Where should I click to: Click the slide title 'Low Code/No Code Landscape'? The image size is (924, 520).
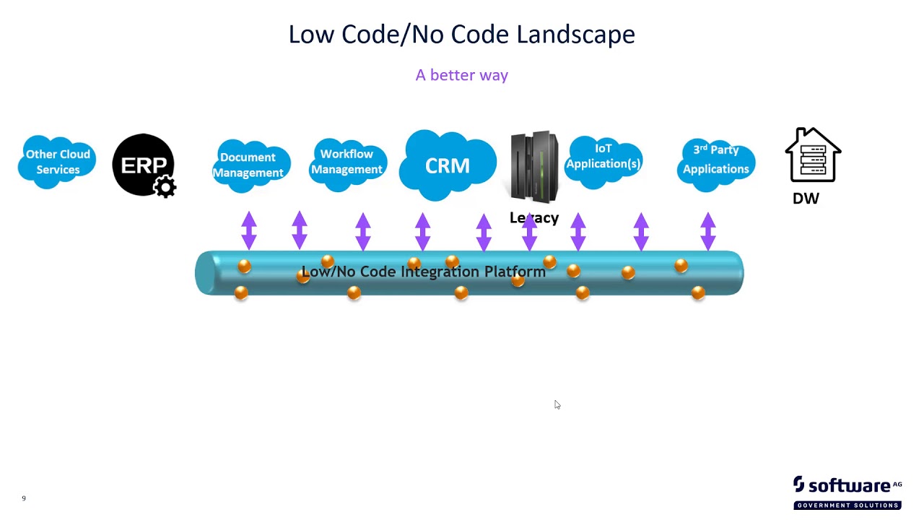click(x=461, y=35)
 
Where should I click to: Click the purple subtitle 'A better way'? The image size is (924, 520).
click(x=461, y=75)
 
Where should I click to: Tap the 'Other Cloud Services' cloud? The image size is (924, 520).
click(x=58, y=162)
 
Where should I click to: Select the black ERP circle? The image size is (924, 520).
click(x=142, y=164)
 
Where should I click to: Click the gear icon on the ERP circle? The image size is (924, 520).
click(x=165, y=187)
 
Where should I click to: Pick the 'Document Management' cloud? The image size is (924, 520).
click(x=248, y=165)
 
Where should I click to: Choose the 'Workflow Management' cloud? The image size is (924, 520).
click(x=347, y=162)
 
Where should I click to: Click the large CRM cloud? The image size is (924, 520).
click(x=448, y=166)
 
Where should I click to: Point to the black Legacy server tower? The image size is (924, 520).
click(x=534, y=166)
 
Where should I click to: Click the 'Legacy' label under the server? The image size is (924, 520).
click(x=534, y=218)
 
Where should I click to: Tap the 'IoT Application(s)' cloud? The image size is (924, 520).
click(x=603, y=157)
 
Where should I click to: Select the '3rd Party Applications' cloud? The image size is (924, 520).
click(x=716, y=160)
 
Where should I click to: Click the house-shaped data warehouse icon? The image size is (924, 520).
click(x=813, y=155)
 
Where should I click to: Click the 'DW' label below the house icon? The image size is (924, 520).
click(x=806, y=199)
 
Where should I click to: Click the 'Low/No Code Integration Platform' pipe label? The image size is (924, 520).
click(x=423, y=272)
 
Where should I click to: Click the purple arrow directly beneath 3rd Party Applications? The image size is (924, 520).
click(x=708, y=231)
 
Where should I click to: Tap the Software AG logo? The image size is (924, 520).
click(x=847, y=492)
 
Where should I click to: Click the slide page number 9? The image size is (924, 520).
click(x=24, y=498)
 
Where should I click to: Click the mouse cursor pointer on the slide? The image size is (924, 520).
click(x=557, y=404)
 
